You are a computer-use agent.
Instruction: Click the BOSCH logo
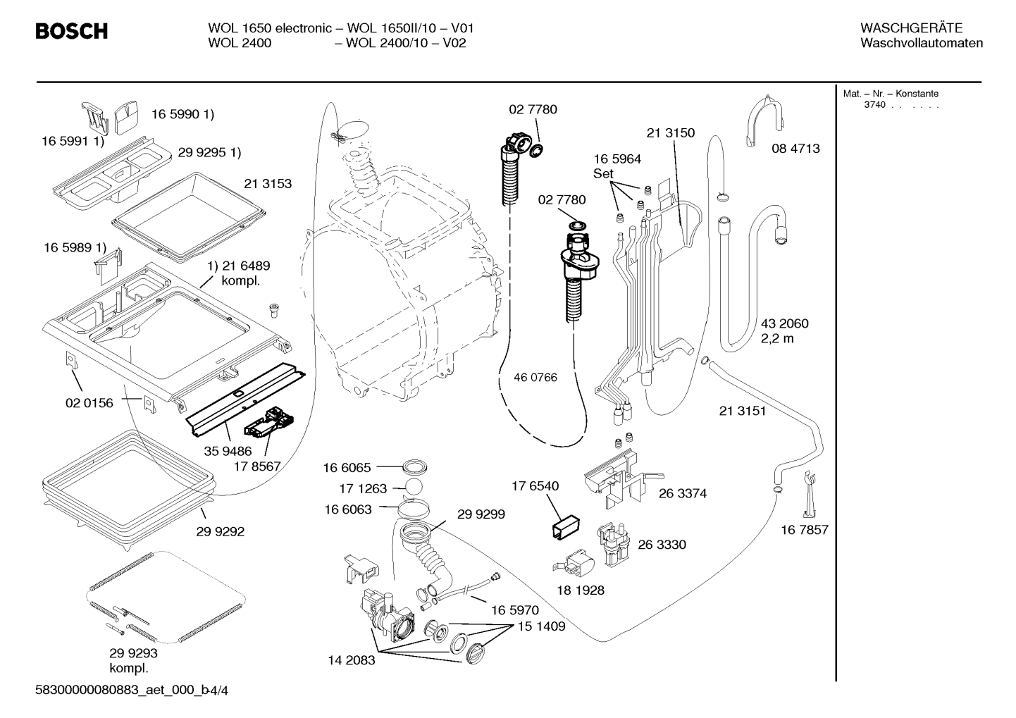[x=72, y=31]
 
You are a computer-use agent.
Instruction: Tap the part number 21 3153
[x=268, y=184]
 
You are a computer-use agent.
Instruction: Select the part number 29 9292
[x=220, y=531]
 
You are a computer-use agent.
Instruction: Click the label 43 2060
[x=785, y=323]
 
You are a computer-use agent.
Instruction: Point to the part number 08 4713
[x=795, y=148]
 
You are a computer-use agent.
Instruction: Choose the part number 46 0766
[x=535, y=378]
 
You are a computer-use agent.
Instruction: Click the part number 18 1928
[x=581, y=590]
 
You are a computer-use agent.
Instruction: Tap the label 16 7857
[x=804, y=530]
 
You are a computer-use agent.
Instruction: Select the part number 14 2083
[x=352, y=660]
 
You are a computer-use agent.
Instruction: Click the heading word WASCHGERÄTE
[x=911, y=28]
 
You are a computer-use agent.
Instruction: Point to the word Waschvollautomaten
[x=922, y=43]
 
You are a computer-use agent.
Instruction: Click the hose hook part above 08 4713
[x=765, y=120]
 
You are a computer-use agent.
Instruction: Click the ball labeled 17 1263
[x=413, y=487]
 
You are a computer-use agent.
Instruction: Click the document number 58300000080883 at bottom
[x=86, y=691]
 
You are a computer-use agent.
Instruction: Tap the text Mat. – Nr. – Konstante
[x=891, y=94]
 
